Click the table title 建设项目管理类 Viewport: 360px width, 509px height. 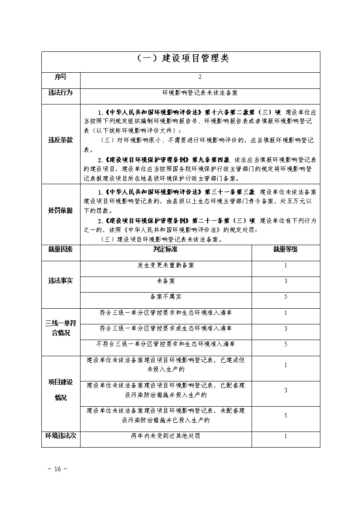point(180,59)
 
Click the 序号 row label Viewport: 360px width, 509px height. point(61,77)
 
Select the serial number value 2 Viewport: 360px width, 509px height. point(200,77)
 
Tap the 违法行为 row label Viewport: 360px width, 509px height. point(61,93)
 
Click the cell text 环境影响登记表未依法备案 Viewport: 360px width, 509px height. point(200,93)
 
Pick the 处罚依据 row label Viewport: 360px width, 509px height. point(61,210)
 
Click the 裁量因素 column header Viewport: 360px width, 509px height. point(61,249)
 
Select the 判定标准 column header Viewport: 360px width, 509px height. point(165,249)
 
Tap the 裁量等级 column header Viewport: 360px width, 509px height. point(286,249)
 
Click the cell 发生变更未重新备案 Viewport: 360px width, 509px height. point(165,265)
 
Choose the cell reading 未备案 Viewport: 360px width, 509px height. point(165,281)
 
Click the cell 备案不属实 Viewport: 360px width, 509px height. point(165,297)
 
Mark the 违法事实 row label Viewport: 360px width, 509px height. point(61,281)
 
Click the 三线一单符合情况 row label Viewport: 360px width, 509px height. point(61,328)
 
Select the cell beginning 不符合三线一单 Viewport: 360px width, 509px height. point(165,344)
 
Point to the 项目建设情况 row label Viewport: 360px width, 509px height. point(61,390)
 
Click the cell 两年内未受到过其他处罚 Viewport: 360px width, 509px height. point(165,435)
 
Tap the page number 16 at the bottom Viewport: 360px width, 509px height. point(57,469)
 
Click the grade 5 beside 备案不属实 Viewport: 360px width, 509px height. point(286,297)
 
